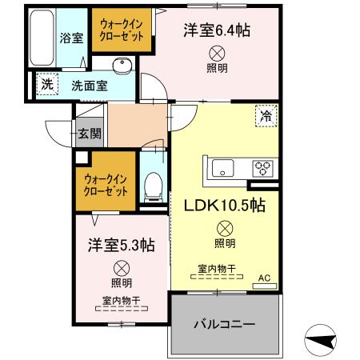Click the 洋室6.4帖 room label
pyautogui.click(x=216, y=30)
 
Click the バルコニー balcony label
pyautogui.click(x=225, y=326)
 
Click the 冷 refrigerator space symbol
pyautogui.click(x=266, y=115)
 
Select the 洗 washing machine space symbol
pyautogui.click(x=47, y=83)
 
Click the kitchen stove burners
pyautogui.click(x=262, y=168)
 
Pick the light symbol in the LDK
pyautogui.click(x=225, y=226)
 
